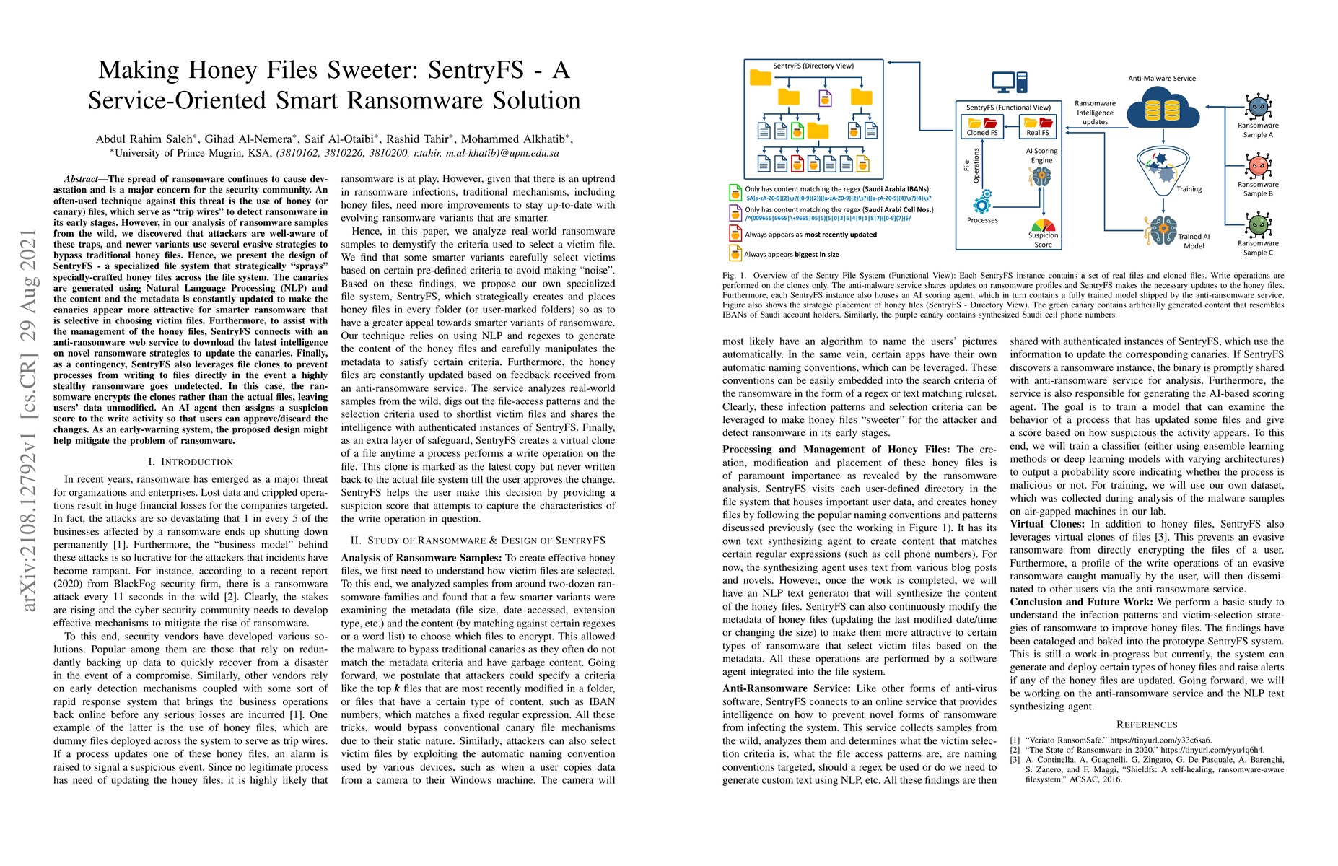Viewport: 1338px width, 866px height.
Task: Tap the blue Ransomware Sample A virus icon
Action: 1258,107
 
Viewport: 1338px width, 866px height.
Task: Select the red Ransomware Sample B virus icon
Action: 1258,166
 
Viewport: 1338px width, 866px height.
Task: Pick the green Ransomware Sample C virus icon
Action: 1258,224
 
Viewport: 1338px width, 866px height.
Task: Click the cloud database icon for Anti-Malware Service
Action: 1163,111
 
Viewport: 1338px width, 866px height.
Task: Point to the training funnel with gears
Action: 1162,170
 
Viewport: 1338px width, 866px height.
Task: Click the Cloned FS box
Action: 982,127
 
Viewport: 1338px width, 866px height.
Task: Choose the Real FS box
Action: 1039,127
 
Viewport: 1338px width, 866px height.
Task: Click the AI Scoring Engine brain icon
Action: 1041,175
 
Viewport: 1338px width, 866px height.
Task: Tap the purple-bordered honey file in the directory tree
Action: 825,97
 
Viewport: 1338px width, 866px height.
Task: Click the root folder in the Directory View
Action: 761,78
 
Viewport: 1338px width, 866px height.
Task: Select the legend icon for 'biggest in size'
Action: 735,253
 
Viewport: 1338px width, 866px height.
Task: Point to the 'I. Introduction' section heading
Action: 191,462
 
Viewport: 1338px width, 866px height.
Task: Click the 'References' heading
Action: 1147,725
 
